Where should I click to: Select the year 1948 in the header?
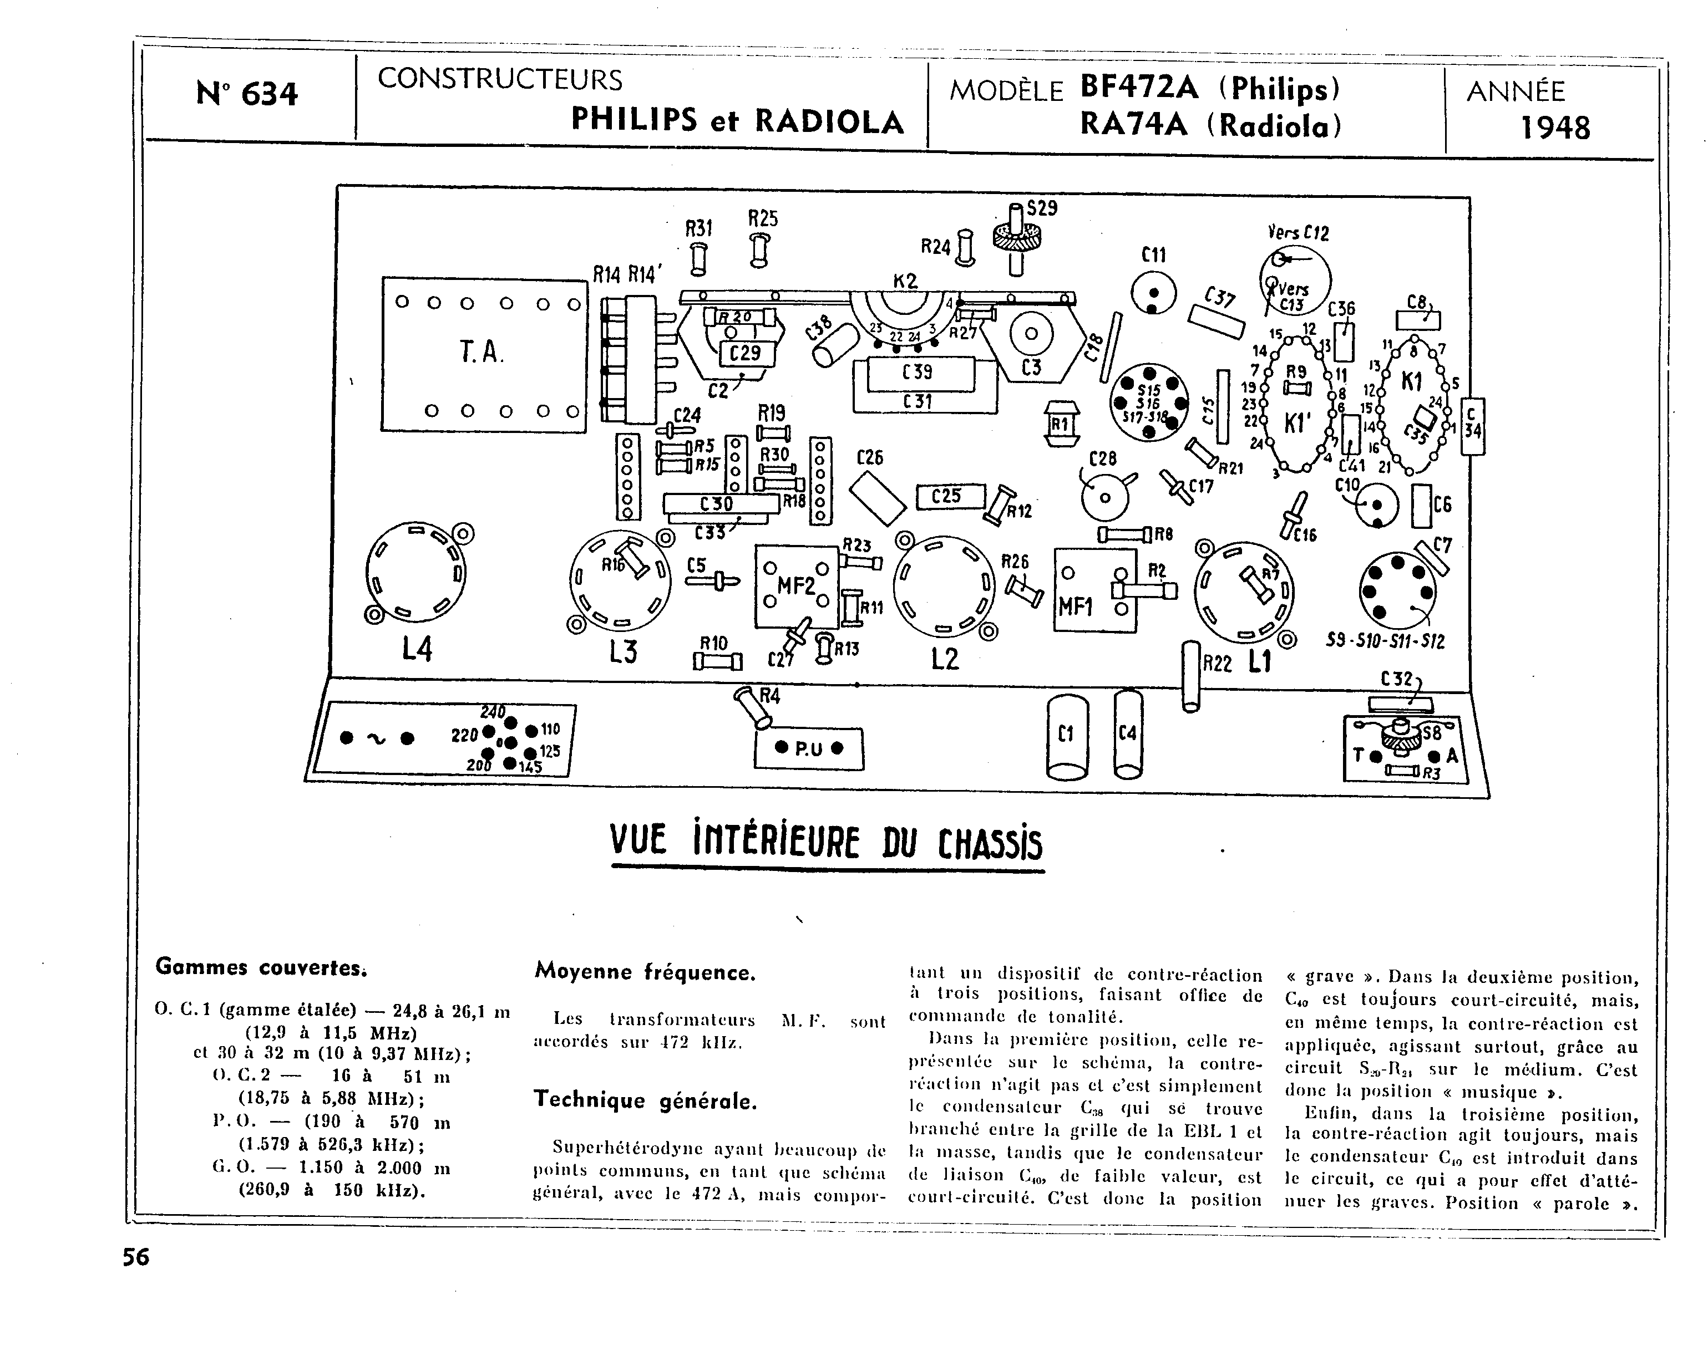coord(1555,128)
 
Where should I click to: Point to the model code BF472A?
coord(1140,86)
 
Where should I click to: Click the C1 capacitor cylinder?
coord(1066,736)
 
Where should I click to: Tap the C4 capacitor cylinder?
coord(1127,735)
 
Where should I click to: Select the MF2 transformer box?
coord(796,587)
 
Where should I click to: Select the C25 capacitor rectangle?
coord(950,497)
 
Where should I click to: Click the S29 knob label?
coord(1042,208)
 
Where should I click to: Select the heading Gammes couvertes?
coord(261,967)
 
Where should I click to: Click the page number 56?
coord(135,1257)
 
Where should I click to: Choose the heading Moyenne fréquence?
coord(645,972)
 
